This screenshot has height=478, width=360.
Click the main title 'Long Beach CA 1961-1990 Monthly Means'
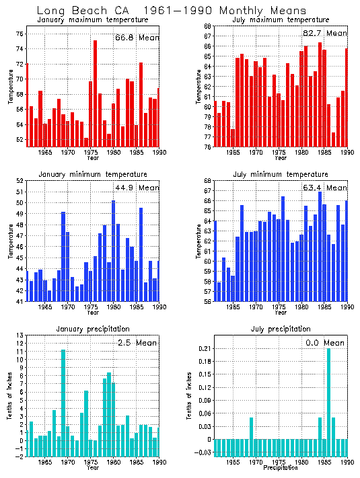(x=171, y=11)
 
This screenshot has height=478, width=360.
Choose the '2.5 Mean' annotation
(x=140, y=343)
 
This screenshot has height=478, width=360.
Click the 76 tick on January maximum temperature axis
(x=19, y=34)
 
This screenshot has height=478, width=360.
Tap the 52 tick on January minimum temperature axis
(x=19, y=181)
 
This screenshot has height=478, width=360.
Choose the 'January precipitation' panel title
(x=84, y=329)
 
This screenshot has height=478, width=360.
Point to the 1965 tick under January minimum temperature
(x=44, y=307)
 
